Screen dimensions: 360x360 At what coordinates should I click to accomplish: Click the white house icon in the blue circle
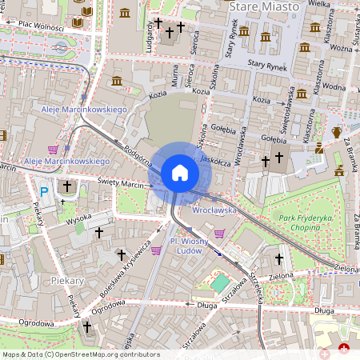tap(179, 173)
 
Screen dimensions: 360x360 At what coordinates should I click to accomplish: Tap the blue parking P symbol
tap(44, 191)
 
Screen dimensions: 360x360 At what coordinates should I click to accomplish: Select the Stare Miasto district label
tap(263, 6)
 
